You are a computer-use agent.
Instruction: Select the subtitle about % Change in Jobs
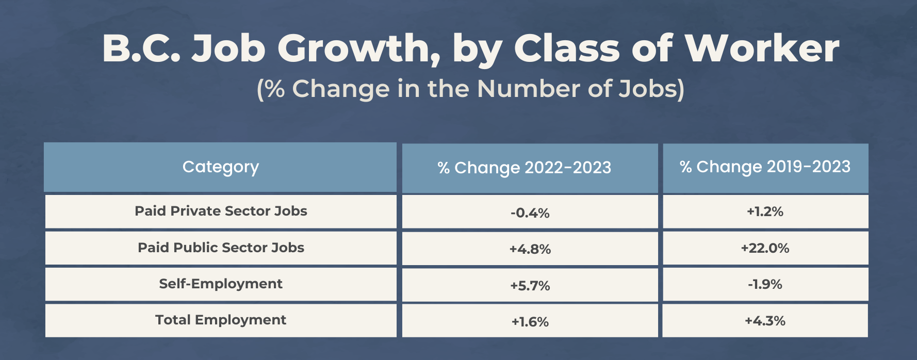(470, 89)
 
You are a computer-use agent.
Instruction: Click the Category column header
(221, 167)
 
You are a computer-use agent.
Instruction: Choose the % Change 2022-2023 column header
(524, 168)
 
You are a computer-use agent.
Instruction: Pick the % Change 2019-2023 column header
(765, 167)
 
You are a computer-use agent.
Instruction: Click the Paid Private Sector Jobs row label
(221, 211)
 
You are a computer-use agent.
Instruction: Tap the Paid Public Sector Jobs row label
(221, 248)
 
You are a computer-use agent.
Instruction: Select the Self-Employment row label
(221, 284)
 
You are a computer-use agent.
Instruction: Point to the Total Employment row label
(221, 320)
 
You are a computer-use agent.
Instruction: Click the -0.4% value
(530, 213)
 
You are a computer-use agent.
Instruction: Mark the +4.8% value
(530, 249)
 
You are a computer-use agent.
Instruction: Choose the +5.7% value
(530, 286)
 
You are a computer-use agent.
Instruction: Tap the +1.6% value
(530, 322)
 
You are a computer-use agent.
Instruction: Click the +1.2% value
(765, 211)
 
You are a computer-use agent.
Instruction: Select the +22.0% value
(765, 248)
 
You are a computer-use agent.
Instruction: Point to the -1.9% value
(765, 284)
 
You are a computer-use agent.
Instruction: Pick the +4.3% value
(765, 321)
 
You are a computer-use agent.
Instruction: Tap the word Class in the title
(567, 49)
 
